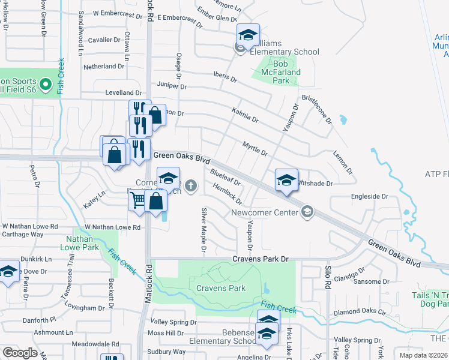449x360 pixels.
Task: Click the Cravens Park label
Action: pos(221,288)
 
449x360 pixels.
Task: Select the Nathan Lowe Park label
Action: pos(82,242)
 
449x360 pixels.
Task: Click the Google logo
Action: pos(20,353)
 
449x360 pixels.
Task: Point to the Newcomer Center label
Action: pos(265,212)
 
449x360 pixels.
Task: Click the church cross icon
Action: pos(191,186)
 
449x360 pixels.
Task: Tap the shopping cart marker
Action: pos(137,200)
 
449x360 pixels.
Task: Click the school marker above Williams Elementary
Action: pos(247,35)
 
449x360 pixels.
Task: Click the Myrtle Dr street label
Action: pos(255,148)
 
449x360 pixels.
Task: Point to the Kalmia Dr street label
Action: pos(245,115)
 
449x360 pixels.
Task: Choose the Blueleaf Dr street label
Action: pos(226,178)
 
